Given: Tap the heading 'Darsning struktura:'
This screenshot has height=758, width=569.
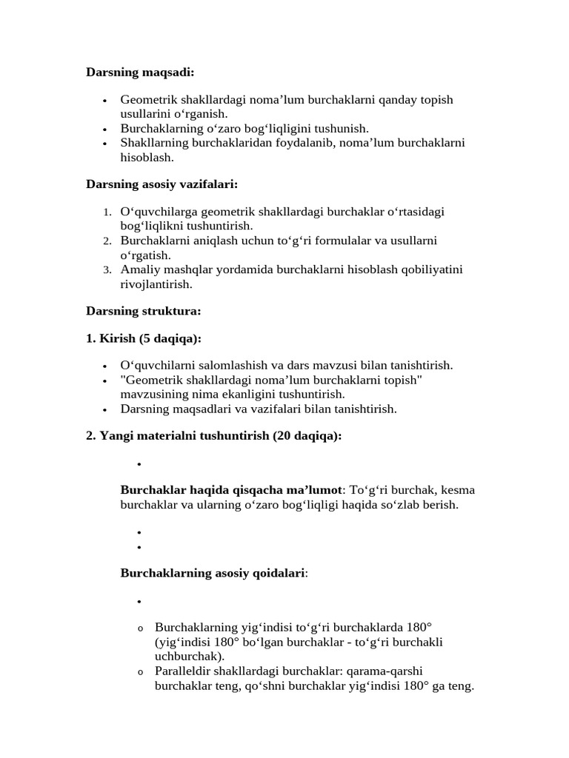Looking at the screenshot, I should pyautogui.click(x=144, y=312).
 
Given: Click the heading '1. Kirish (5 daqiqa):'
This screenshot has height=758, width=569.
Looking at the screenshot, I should pyautogui.click(x=144, y=338).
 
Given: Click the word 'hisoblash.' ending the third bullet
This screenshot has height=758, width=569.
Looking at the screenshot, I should pyautogui.click(x=147, y=157).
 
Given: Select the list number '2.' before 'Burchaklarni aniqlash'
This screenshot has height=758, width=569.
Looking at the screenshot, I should pyautogui.click(x=107, y=241).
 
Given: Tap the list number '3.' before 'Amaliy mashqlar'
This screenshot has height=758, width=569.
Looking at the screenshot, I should pyautogui.click(x=107, y=269).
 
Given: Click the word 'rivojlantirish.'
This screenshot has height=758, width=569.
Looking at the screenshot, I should pyautogui.click(x=156, y=284).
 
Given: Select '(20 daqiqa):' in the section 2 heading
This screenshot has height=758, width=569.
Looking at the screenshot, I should pyautogui.click(x=307, y=435).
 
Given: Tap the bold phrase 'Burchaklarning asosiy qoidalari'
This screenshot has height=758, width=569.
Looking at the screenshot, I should pyautogui.click(x=213, y=573).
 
